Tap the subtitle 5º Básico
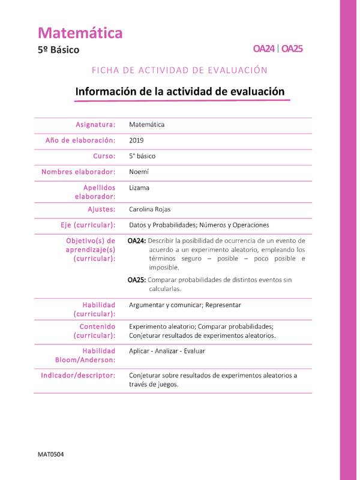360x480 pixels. (x=58, y=50)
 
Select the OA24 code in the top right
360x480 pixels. (x=264, y=49)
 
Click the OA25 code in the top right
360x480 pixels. (x=292, y=49)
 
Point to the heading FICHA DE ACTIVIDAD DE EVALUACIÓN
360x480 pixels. (x=179, y=70)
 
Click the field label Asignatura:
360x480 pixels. (x=95, y=125)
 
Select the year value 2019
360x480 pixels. (x=137, y=140)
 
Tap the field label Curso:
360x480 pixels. (x=104, y=156)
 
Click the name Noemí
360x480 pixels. (x=139, y=172)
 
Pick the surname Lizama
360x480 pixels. (x=139, y=187)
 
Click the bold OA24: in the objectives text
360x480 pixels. (x=137, y=241)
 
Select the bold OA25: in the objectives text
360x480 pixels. (x=137, y=280)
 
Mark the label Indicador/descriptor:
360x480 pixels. (x=78, y=375)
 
